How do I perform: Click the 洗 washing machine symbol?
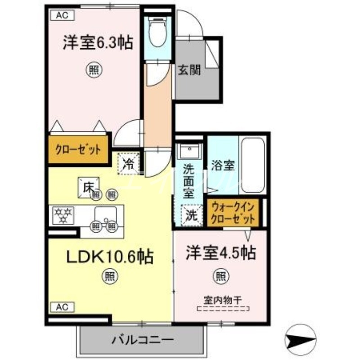190,214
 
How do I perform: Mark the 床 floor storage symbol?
88,185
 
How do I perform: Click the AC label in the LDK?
62,308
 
